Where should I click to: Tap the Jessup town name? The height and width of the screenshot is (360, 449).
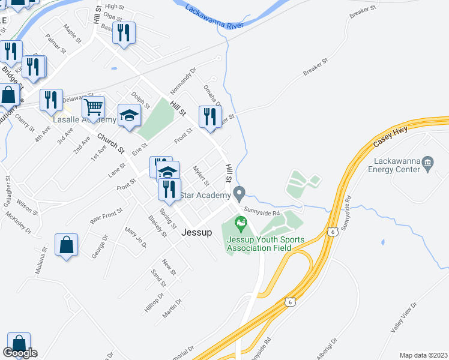pyautogui.click(x=197, y=233)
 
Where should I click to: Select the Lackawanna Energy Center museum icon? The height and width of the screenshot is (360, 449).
pyautogui.click(x=427, y=162)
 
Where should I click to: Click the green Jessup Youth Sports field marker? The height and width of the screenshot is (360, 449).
pyautogui.click(x=241, y=224)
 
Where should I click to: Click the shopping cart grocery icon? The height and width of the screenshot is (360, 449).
pyautogui.click(x=93, y=107)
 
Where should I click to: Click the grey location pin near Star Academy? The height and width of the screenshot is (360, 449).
pyautogui.click(x=240, y=194)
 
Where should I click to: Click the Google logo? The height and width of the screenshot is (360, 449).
pyautogui.click(x=20, y=353)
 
